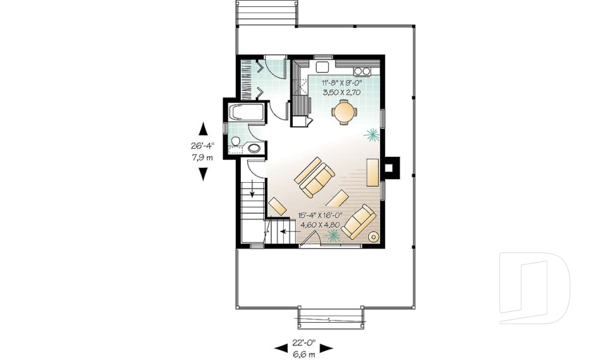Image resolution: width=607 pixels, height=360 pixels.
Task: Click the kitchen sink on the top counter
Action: [x=322, y=68]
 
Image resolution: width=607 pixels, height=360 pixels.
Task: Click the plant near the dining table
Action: [x=372, y=133]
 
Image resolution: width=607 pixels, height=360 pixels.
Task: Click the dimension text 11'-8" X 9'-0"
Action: [x=341, y=83]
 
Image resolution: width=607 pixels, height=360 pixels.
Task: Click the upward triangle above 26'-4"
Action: [x=203, y=129]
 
